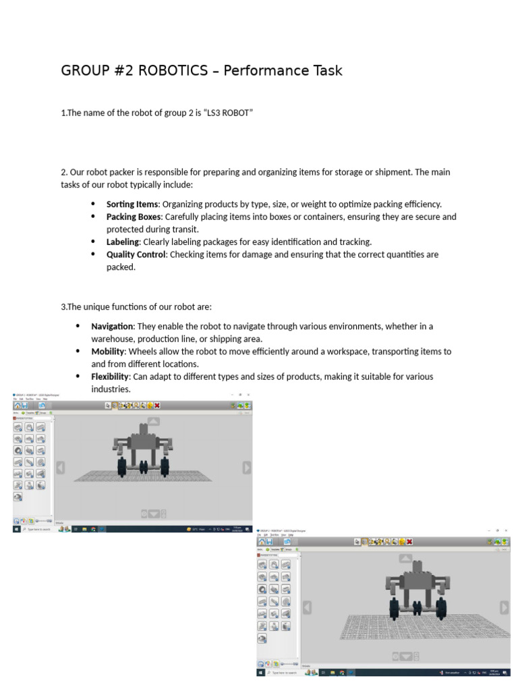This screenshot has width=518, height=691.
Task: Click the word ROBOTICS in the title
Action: click(173, 71)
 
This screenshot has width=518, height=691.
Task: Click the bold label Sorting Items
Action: click(132, 204)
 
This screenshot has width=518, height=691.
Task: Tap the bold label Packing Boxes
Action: click(134, 217)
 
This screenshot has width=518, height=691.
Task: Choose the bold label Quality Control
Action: click(136, 254)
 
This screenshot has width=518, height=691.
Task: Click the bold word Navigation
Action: click(112, 326)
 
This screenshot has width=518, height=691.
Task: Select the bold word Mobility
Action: click(108, 352)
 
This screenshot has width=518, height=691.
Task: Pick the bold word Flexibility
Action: click(110, 377)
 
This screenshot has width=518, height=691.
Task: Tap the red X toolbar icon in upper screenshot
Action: click(157, 406)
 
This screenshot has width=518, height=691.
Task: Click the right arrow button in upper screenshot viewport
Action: click(246, 468)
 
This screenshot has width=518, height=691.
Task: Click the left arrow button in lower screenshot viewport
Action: click(307, 607)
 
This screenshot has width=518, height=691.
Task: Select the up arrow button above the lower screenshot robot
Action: click(405, 558)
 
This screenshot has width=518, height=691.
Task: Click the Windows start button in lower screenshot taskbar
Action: click(260, 672)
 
